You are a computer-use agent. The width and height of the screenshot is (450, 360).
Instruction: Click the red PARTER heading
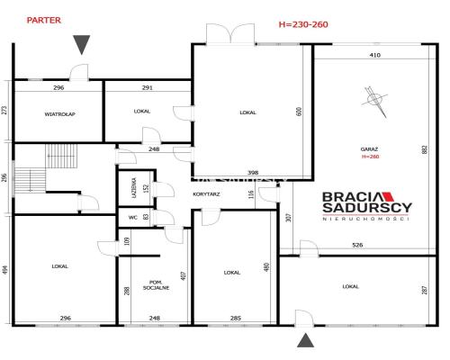tap(44, 21)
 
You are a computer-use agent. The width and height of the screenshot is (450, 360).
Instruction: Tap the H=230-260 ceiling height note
tap(303, 24)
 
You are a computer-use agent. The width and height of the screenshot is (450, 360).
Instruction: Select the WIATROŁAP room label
tap(59, 114)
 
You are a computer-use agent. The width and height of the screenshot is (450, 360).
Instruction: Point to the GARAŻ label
tap(369, 149)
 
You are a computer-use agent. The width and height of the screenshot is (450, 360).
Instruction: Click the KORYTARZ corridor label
tap(206, 194)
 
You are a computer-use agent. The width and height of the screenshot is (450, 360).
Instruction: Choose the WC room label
tap(133, 218)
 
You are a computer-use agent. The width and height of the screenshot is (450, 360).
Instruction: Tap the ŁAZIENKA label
tap(134, 188)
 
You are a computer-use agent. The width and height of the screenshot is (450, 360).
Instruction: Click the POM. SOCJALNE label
tap(156, 285)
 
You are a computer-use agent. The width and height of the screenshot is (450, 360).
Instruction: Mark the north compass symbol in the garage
tap(374, 102)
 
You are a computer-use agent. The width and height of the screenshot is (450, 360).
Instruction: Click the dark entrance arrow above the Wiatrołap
tap(81, 44)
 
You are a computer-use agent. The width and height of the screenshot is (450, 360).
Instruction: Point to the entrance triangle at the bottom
tap(305, 340)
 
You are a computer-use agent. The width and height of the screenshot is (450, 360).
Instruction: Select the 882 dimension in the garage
tap(425, 149)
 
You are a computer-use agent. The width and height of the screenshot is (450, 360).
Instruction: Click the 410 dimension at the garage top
tap(375, 55)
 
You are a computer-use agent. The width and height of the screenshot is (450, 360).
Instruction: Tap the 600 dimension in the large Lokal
tap(299, 112)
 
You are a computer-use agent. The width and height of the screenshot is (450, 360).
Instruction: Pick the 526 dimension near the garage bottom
tap(357, 245)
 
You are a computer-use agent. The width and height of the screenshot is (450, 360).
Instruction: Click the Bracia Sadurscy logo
tap(367, 206)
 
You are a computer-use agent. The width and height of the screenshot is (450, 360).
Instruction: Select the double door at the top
tap(230, 34)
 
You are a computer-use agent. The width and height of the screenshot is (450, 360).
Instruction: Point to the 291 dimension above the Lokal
tap(147, 88)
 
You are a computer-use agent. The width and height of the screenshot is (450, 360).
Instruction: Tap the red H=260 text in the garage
tap(370, 157)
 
